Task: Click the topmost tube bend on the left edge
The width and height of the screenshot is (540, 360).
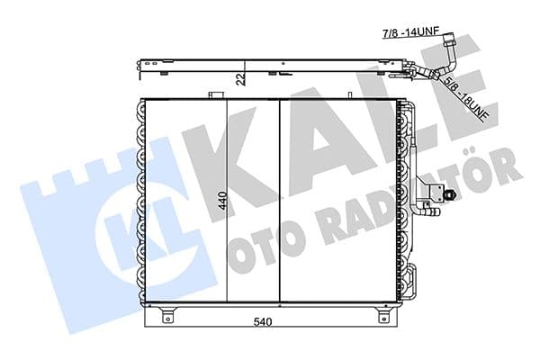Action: click(140, 109)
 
